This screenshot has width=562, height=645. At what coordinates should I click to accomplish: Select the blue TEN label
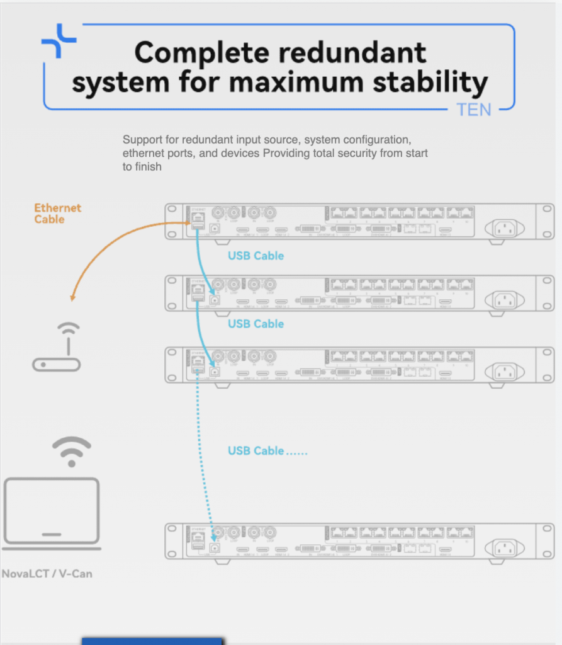474,110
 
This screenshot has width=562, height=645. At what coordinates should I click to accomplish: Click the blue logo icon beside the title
59,42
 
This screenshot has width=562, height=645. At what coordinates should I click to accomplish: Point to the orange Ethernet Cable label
58,214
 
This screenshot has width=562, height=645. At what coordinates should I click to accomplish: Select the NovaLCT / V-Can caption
47,574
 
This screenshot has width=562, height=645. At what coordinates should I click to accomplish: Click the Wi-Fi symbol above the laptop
72,449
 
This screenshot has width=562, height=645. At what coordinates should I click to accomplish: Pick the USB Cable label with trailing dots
267,451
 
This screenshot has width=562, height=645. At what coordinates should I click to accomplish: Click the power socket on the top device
507,227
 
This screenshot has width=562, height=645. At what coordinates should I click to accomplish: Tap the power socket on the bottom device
507,547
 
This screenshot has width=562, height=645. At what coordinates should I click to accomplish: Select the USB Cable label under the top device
256,256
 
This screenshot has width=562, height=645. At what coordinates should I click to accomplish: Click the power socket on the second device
507,300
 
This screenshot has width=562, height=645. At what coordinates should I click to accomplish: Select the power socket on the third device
507,371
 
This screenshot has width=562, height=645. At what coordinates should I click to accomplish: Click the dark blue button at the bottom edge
152,641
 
